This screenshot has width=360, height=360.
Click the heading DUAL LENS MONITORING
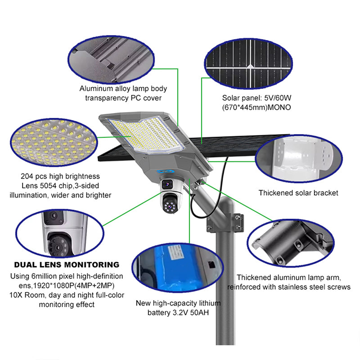pyautogui.click(x=67, y=265)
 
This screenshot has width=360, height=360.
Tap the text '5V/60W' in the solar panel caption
pyautogui.click(x=278, y=98)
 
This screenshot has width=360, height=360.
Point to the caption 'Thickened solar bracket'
pyautogui.click(x=298, y=193)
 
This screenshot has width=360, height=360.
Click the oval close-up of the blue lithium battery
pyautogui.click(x=177, y=268)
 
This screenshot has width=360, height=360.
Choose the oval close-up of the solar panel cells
pyautogui.click(x=248, y=63)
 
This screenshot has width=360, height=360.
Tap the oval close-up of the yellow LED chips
pyautogui.click(x=54, y=143)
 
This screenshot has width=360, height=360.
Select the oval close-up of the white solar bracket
pyautogui.click(x=299, y=159)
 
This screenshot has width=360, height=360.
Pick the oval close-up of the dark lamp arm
pyautogui.click(x=291, y=243)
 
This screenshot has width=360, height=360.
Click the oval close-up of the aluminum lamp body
pyautogui.click(x=111, y=60)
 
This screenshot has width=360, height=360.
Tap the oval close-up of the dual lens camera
pyautogui.click(x=60, y=233)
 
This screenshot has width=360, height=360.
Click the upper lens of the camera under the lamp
pyautogui.click(x=167, y=184)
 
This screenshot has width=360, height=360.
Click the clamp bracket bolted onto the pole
pyautogui.click(x=225, y=223)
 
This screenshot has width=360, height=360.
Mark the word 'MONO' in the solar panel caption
pyautogui.click(x=279, y=108)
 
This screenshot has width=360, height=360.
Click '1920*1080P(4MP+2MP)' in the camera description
pyautogui.click(x=67, y=286)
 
